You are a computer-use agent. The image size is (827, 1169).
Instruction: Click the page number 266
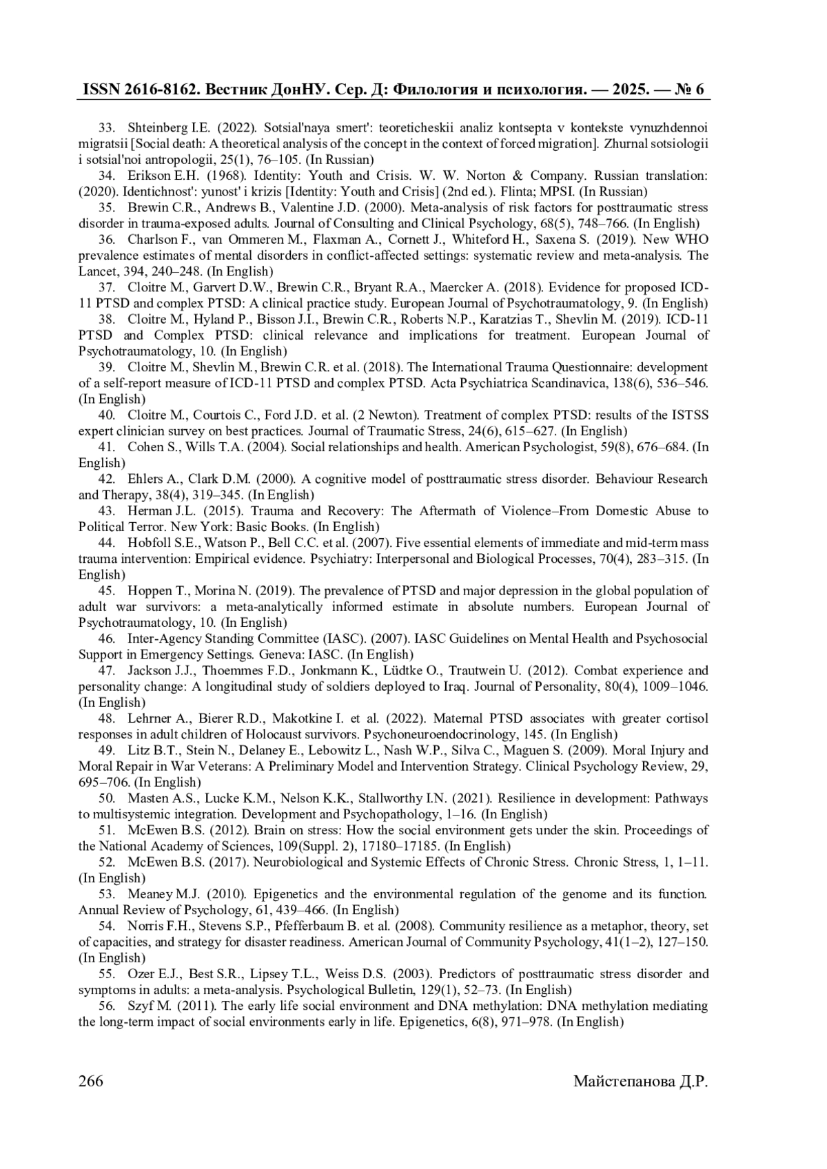(91, 1082)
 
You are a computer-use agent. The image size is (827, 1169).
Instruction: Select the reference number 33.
(106, 128)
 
